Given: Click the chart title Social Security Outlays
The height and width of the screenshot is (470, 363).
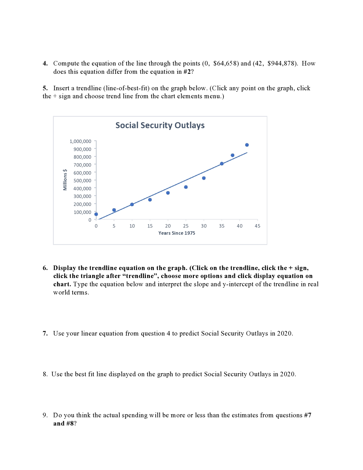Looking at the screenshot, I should tap(160, 125).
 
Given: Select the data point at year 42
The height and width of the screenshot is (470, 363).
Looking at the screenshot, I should tap(247, 145).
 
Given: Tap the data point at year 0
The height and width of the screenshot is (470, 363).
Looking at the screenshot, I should tap(96, 214).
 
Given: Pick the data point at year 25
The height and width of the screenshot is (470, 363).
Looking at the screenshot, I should tap(186, 187).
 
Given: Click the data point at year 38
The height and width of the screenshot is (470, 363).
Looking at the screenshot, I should tap(233, 155).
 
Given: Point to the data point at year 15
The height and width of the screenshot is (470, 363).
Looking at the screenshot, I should tap(150, 200).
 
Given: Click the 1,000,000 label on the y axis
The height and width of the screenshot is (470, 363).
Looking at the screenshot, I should tap(81, 141).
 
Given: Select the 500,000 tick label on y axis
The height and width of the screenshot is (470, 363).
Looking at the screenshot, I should tap(82, 181).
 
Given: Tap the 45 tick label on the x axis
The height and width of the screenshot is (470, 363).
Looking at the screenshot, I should tap(257, 226).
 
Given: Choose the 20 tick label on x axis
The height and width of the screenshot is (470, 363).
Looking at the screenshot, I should tap(168, 226).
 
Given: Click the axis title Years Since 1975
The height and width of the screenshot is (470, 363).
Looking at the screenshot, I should tap(177, 233).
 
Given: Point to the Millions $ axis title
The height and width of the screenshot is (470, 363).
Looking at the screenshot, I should tap(65, 179).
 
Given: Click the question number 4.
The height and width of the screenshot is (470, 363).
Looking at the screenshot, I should tap(45, 63).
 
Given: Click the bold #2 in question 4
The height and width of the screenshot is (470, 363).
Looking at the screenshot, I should tap(187, 71).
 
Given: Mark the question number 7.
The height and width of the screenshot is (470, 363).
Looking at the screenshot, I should tap(45, 334).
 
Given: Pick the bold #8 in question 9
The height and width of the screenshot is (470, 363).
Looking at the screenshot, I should tap(70, 424).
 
